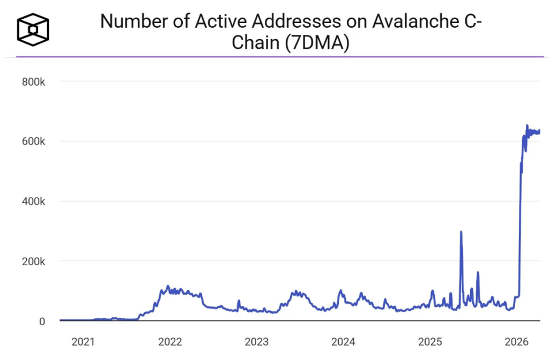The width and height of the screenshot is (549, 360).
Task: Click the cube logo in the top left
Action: click(x=33, y=27)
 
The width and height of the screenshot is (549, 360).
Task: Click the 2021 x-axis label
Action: click(x=83, y=342)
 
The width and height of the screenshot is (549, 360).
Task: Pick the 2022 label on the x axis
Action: click(x=170, y=342)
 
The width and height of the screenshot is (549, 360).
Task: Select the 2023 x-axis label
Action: click(x=257, y=342)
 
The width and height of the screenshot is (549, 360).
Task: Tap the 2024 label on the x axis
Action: click(x=344, y=342)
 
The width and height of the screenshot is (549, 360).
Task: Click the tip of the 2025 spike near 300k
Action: click(x=461, y=232)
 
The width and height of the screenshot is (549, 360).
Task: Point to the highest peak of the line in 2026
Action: click(x=526, y=126)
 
